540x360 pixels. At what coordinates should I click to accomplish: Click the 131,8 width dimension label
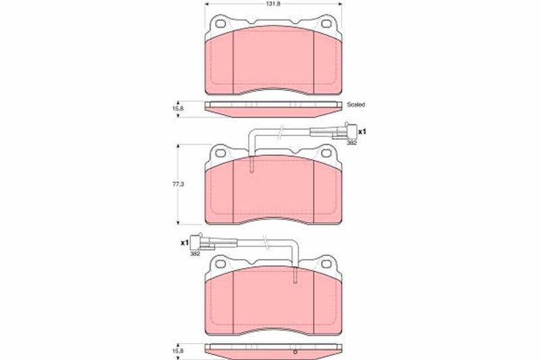coord(274,5)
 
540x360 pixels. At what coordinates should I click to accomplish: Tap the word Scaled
coord(356,105)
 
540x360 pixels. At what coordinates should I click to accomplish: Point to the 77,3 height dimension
coord(178,184)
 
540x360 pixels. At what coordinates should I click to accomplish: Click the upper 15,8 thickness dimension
coord(178,108)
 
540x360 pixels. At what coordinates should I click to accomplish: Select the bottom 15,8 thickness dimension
coord(178,351)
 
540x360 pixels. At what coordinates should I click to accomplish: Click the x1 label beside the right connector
coord(362,132)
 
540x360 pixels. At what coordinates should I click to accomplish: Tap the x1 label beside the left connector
coord(184,243)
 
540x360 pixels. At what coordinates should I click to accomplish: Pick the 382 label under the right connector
coord(352,143)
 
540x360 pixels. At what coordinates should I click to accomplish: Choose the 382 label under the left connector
coord(195,254)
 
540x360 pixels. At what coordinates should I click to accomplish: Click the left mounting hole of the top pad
coord(221,24)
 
